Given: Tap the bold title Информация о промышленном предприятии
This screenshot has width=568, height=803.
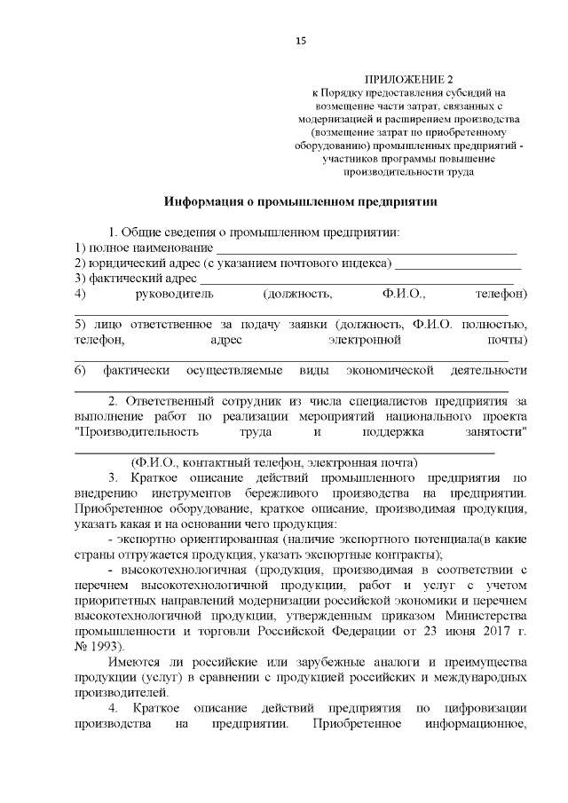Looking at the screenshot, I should tap(300, 201).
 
